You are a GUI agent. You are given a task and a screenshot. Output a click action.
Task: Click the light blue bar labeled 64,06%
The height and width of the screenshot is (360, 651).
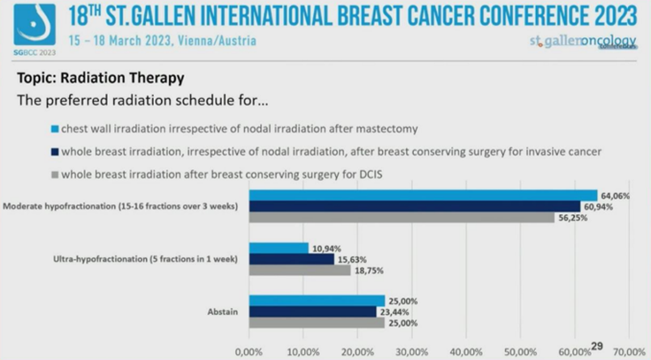422,195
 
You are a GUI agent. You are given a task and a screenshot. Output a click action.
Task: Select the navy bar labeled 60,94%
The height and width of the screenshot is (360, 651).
414,206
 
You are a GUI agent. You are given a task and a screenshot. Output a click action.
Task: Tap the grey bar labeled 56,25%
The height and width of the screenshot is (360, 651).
401,218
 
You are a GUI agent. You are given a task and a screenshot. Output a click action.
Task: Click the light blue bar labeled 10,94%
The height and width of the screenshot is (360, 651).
278,248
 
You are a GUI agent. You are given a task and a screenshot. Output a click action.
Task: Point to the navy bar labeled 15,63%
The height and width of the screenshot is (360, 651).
291,259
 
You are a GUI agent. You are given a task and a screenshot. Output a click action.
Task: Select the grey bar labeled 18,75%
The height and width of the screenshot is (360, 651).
300,271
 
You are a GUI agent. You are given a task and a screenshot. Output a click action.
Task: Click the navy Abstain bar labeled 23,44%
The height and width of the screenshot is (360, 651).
312,311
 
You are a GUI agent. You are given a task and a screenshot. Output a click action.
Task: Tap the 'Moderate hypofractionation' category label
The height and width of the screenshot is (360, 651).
123,206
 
